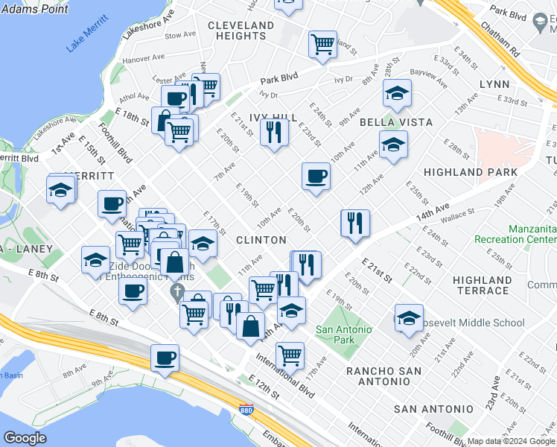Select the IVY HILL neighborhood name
click(x=273, y=118)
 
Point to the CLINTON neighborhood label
click(x=261, y=240)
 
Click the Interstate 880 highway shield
click(x=246, y=409)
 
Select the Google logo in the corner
click(x=25, y=438)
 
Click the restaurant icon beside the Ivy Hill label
click(x=274, y=133)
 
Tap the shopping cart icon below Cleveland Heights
click(x=322, y=45)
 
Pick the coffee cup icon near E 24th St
click(x=316, y=177)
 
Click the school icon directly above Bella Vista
click(x=397, y=94)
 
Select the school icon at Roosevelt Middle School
click(x=409, y=318)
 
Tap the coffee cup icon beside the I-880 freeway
click(x=165, y=358)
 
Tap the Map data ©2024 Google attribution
click(x=511, y=441)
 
